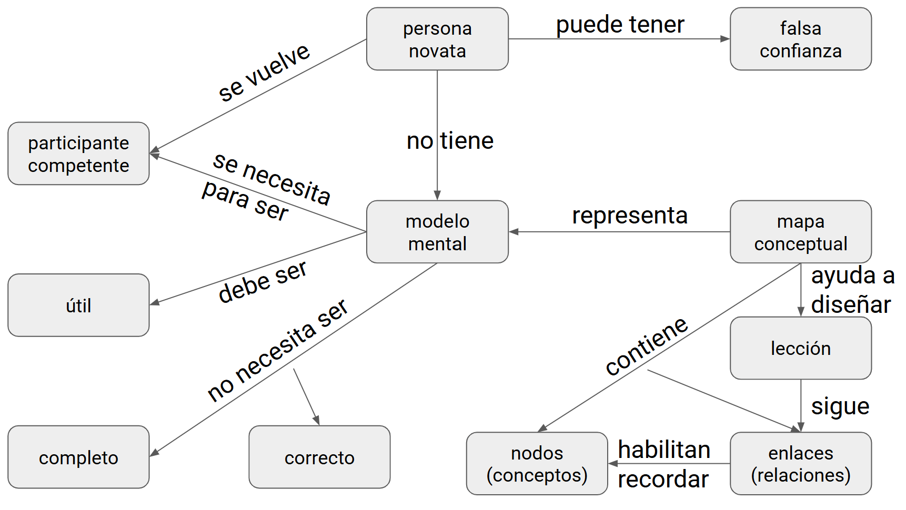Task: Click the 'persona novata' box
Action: pos(437,39)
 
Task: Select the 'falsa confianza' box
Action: pos(800,39)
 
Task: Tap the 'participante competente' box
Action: pos(78,154)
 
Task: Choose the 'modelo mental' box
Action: pos(437,232)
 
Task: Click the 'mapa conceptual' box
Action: pos(800,232)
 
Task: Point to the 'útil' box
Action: pos(78,305)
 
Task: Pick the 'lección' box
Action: pos(800,348)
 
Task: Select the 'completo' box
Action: pos(78,457)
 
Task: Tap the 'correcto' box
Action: pos(319,457)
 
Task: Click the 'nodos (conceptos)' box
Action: pos(537,464)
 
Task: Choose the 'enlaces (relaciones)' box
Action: pos(800,464)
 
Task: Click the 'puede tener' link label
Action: pos(620,24)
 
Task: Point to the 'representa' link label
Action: pos(629,215)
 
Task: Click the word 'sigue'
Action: pos(840,406)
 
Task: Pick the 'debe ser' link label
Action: pos(262,282)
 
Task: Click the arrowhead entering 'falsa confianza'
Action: pos(725,39)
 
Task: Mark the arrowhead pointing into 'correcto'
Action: pos(316,420)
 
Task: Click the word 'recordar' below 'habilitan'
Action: pos(663,480)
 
